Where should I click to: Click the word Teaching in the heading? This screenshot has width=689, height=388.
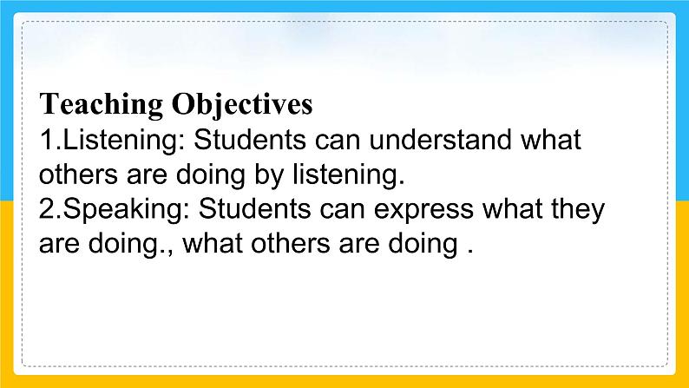pos(101,104)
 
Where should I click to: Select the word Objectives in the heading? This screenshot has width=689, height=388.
pos(242,104)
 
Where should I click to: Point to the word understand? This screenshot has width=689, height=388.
pos(440,139)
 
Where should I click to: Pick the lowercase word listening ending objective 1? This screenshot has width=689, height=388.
pos(349,175)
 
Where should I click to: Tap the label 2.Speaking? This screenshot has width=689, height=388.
pos(115,210)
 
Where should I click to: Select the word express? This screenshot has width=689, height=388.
pos(423,210)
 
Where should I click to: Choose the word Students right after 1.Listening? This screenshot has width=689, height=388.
pos(250,139)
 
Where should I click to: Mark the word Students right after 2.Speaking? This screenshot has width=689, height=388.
pos(254,208)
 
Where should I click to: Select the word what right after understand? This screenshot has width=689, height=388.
pos(551,139)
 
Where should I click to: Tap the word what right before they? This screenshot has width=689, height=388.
pos(512,208)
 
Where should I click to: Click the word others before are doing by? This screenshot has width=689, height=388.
pos(78,174)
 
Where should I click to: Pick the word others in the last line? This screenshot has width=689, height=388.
pos(290,243)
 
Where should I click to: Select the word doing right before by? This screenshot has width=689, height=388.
pos(211,175)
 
